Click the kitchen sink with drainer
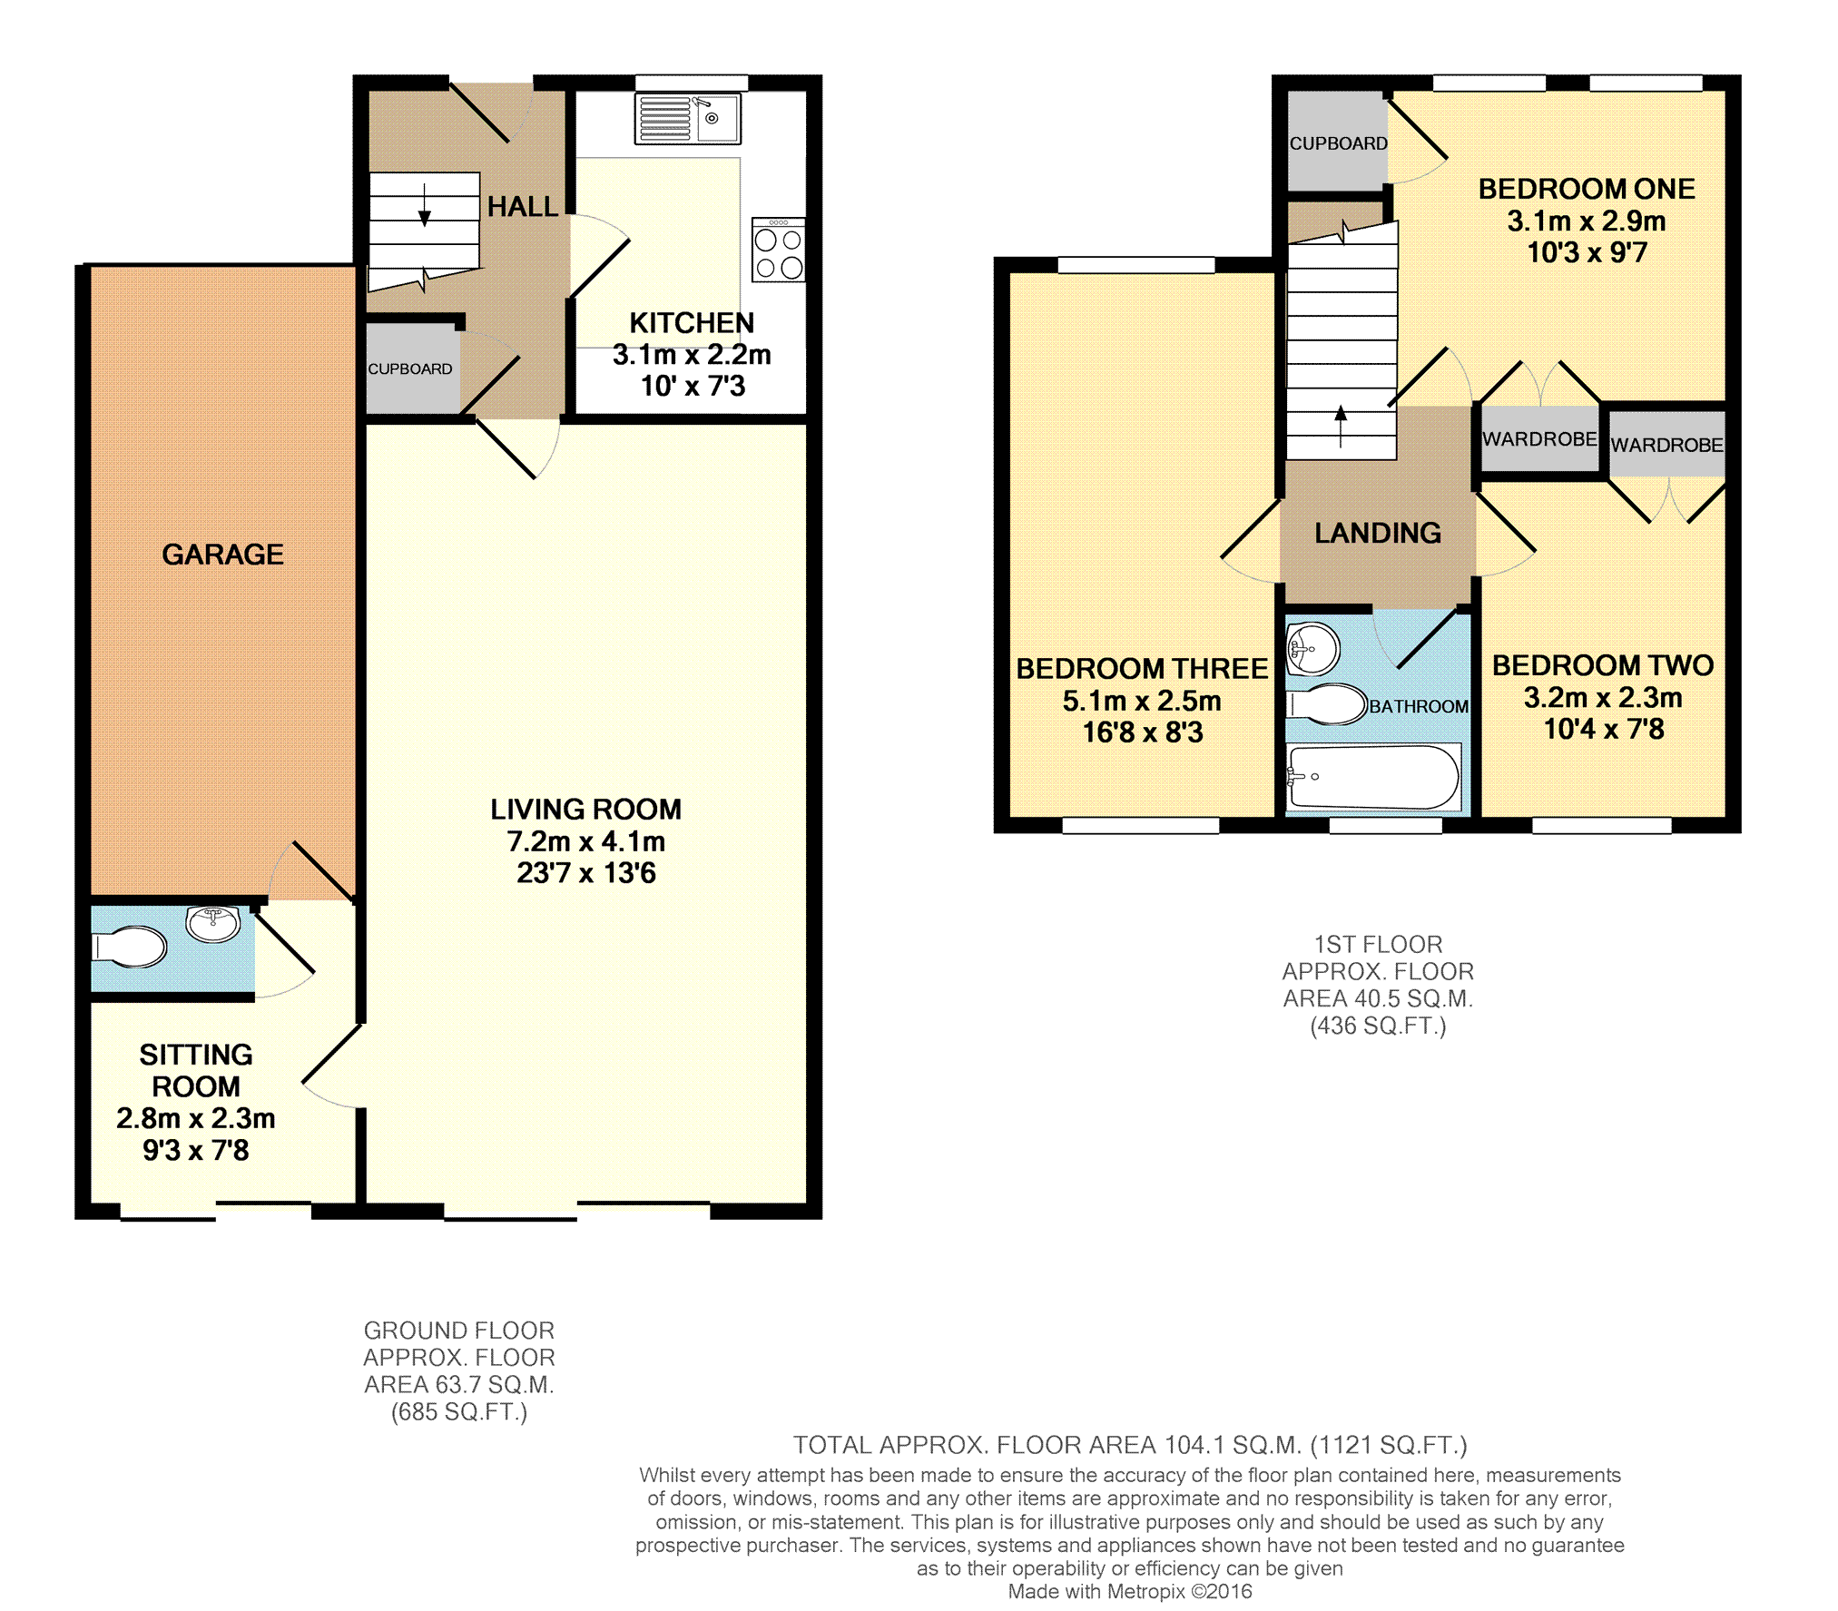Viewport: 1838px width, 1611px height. pyautogui.click(x=687, y=118)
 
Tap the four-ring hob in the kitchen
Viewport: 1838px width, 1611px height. pyautogui.click(x=779, y=250)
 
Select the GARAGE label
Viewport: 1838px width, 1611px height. pyautogui.click(x=222, y=555)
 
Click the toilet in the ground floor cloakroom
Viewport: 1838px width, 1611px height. pyautogui.click(x=130, y=948)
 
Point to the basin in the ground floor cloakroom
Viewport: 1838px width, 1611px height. pyautogui.click(x=213, y=924)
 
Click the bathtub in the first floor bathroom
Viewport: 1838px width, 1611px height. pyautogui.click(x=1374, y=777)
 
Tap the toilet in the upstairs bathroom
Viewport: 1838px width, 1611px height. pyautogui.click(x=1327, y=704)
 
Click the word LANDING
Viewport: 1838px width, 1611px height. pyautogui.click(x=1378, y=533)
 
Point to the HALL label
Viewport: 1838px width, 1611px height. pyautogui.click(x=523, y=207)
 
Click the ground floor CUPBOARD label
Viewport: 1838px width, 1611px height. pyautogui.click(x=410, y=369)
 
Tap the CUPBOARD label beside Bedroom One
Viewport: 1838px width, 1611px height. pyautogui.click(x=1339, y=143)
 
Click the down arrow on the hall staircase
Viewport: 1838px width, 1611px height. pyautogui.click(x=424, y=205)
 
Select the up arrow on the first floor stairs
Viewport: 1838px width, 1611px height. pyautogui.click(x=1341, y=427)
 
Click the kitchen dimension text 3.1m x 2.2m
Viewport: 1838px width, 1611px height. pyautogui.click(x=692, y=355)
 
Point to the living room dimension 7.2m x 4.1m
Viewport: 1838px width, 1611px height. pyautogui.click(x=586, y=841)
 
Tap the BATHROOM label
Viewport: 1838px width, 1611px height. pyautogui.click(x=1419, y=706)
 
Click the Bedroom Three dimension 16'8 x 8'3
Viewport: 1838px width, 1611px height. pyautogui.click(x=1143, y=732)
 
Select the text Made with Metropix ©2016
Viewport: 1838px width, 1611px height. pyautogui.click(x=1130, y=1591)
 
